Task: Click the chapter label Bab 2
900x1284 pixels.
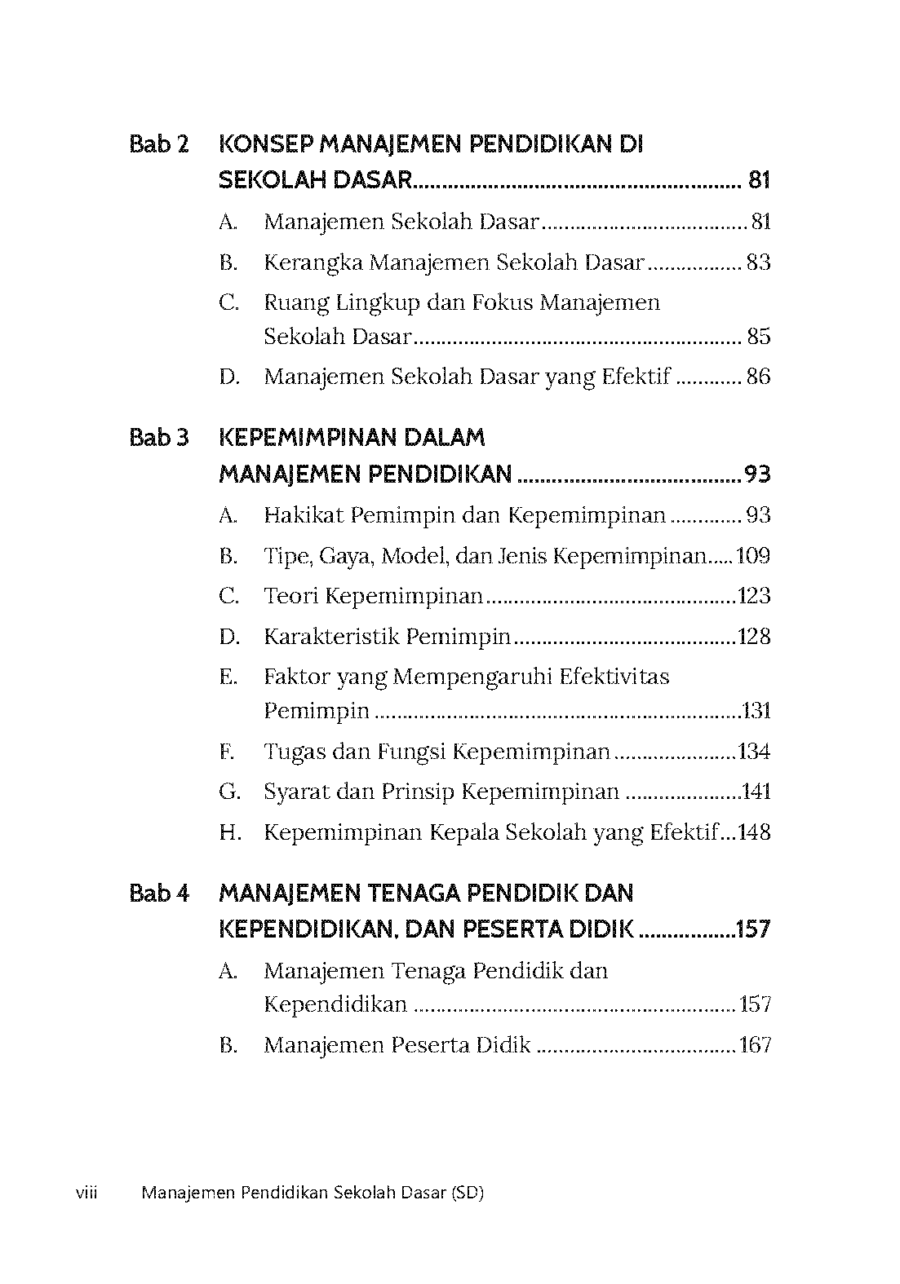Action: click(159, 145)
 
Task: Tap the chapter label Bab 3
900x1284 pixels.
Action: click(159, 438)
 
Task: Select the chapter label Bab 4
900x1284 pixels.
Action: click(159, 894)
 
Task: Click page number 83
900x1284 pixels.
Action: click(758, 263)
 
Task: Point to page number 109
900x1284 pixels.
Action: click(753, 556)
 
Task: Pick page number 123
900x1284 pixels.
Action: click(753, 596)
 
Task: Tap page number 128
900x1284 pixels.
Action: click(753, 637)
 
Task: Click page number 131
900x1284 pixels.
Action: click(756, 711)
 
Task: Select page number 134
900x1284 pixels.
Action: click(753, 752)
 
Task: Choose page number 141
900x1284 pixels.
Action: click(755, 792)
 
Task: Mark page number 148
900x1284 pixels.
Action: click(753, 832)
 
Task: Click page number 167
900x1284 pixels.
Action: click(755, 1045)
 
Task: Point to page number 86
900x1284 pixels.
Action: click(758, 377)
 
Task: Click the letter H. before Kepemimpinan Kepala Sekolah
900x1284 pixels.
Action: click(229, 832)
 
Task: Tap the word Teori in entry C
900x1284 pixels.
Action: click(290, 596)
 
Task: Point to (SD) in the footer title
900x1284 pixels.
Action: click(467, 1194)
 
